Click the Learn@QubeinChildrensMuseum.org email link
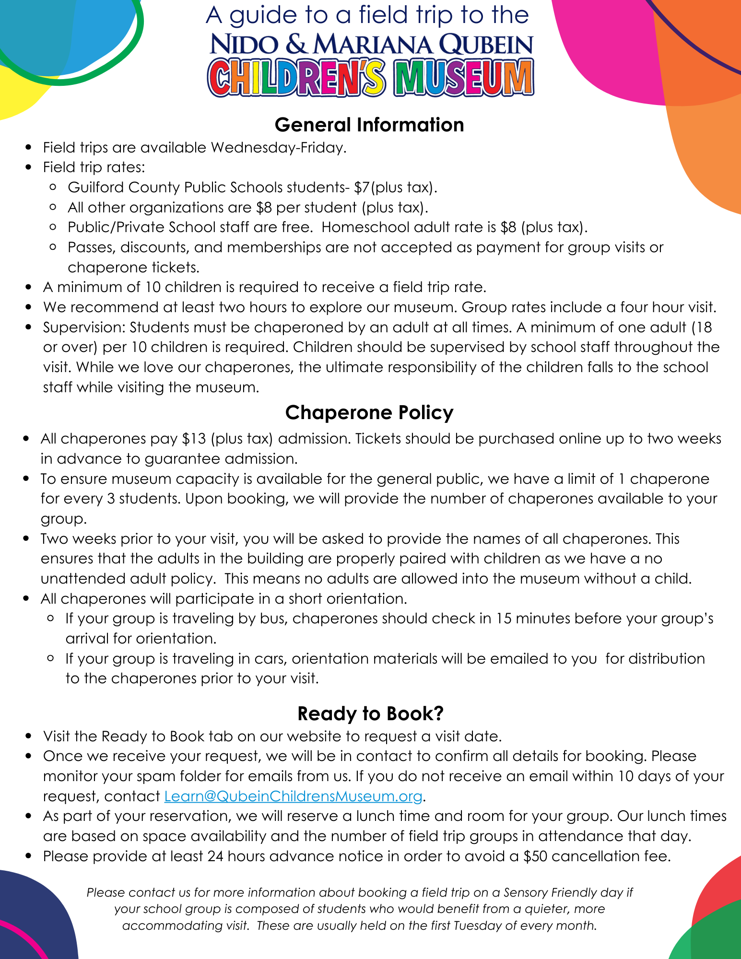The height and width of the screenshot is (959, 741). [x=293, y=796]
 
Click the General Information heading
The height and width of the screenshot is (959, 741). [x=369, y=125]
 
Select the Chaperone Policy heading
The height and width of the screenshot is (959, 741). [x=369, y=413]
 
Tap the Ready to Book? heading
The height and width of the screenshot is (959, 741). [x=370, y=713]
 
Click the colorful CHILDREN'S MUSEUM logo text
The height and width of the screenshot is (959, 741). [x=370, y=78]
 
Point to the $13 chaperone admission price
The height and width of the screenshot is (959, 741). [x=194, y=439]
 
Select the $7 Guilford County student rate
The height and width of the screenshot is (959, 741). [x=362, y=187]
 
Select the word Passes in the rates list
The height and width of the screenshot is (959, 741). [x=90, y=247]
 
